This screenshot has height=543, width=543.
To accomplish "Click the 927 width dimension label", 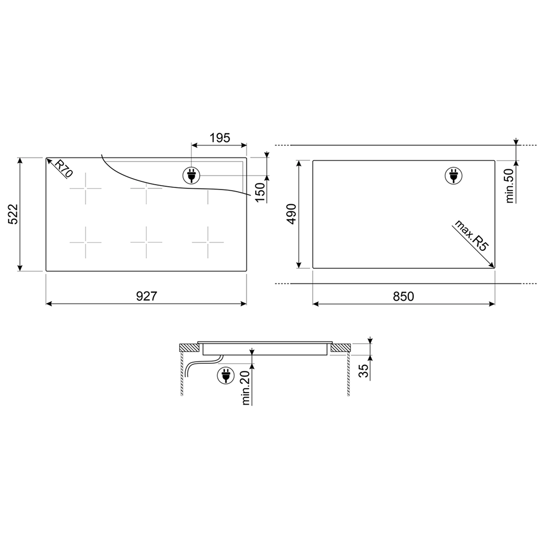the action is pos(146,296).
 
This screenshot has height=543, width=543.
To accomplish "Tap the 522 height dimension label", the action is pos(13,214).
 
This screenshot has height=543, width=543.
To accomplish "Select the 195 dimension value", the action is pos(219,138).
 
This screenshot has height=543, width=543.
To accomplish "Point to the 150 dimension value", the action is pos(260,192).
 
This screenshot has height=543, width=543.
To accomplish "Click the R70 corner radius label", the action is pos(64,169).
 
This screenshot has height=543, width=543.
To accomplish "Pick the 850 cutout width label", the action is pos(403,296).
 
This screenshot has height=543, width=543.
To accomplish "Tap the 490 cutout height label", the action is pos(292,214).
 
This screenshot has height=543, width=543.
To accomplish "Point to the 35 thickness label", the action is pos(363,371).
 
